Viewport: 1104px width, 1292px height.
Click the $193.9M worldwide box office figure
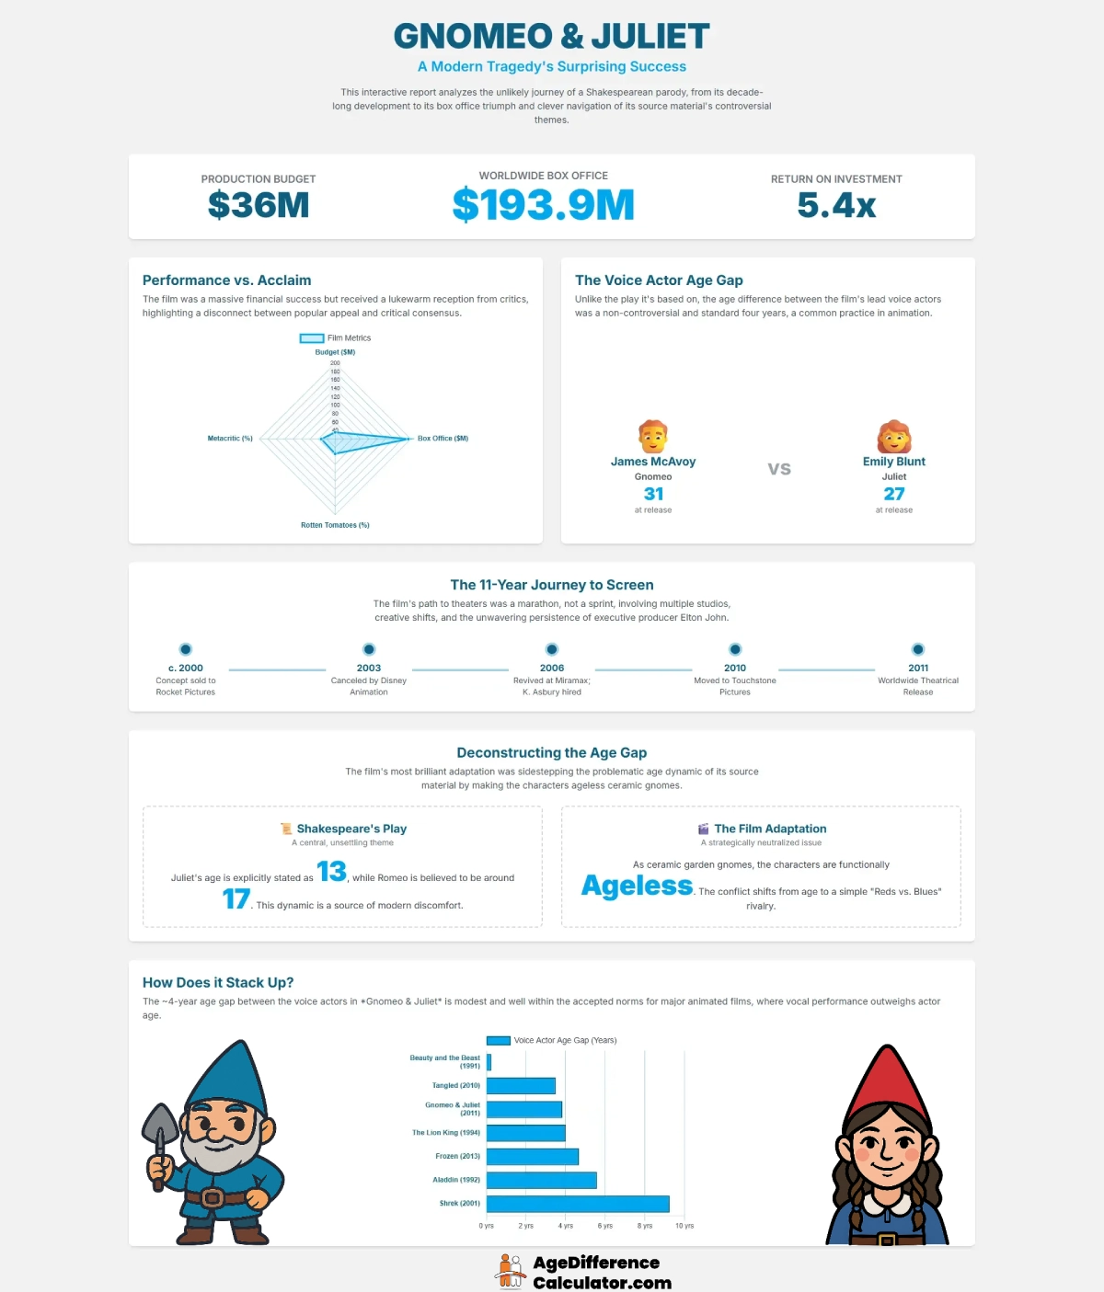point(543,205)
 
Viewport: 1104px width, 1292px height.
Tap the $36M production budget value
point(259,205)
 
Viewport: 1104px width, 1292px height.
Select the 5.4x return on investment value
point(836,205)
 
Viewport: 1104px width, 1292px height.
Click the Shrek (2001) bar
point(578,1204)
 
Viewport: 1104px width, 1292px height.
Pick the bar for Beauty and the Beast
point(489,1062)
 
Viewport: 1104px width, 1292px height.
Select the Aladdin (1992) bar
point(541,1180)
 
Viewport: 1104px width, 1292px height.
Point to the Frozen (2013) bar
point(532,1156)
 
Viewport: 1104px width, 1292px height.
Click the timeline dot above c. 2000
point(186,649)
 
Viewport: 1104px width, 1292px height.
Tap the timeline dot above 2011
point(918,649)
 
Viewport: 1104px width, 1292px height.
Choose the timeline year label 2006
point(552,669)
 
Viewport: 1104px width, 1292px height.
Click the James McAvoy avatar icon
point(653,436)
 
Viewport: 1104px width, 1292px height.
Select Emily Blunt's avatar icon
point(894,436)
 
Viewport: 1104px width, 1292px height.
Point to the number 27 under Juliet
point(894,494)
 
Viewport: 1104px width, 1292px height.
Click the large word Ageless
point(637,886)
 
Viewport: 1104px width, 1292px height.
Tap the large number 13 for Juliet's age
point(331,871)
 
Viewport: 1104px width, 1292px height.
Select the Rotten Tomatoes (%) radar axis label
point(335,525)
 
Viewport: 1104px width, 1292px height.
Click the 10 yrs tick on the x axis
point(684,1226)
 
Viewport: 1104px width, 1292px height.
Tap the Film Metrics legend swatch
point(312,338)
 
